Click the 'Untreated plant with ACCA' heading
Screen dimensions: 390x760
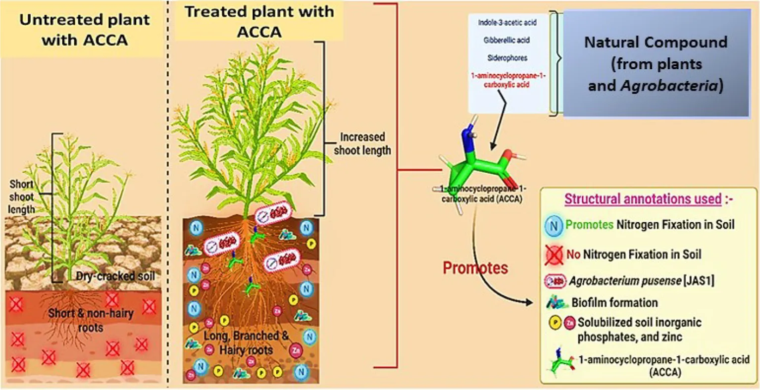(x=85, y=30)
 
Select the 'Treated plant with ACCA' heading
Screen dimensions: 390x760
(x=259, y=22)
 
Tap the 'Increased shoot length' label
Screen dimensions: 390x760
(x=362, y=144)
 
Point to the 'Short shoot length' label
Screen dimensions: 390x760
(x=22, y=196)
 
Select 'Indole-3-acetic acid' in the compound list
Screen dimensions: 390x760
(x=507, y=23)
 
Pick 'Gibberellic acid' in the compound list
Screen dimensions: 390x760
(x=507, y=41)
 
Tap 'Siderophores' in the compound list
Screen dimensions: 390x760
(x=507, y=58)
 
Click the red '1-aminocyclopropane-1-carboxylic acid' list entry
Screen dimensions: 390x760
(x=507, y=81)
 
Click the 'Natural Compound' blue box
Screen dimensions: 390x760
(x=656, y=64)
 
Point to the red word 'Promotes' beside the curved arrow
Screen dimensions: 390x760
(x=475, y=268)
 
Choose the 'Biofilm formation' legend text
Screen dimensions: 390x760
(x=614, y=302)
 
